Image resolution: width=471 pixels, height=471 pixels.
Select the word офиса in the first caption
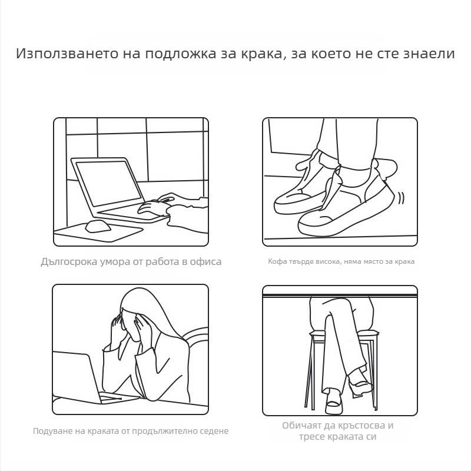(x=205, y=261)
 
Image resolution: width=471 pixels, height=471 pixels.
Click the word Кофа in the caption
(x=276, y=261)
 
